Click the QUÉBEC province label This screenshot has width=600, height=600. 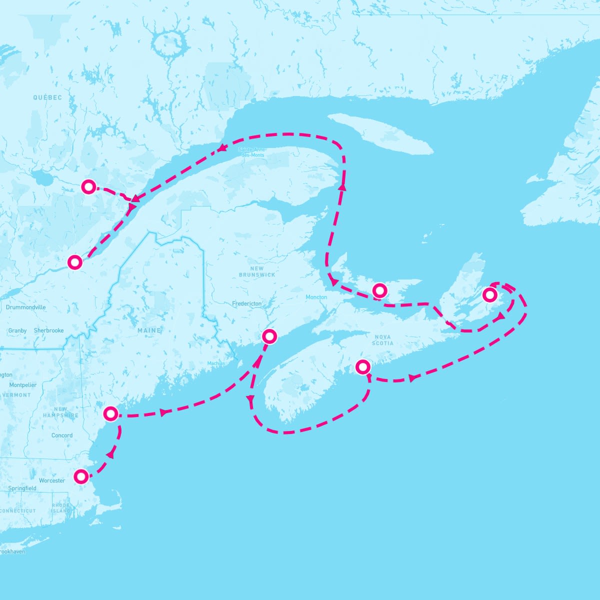point(48,97)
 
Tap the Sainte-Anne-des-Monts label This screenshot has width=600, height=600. point(252,152)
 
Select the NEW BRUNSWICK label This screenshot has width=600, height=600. point(257,271)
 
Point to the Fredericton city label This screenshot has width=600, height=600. point(246,303)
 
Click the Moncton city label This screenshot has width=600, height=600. point(316,297)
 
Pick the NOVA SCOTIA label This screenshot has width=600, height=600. point(382,340)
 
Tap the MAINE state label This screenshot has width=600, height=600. point(149,330)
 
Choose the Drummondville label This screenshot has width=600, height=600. point(26,307)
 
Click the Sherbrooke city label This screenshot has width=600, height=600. point(49,330)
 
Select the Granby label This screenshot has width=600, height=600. point(17,330)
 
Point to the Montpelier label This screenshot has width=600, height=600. point(23,385)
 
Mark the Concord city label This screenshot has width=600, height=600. point(62,435)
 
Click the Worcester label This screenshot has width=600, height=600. point(52,480)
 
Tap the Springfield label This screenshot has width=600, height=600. point(22,488)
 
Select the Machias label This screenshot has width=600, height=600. point(216,363)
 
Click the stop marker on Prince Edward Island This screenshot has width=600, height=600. point(380,290)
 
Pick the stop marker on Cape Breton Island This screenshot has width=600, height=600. point(489,295)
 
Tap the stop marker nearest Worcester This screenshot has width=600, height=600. point(81,476)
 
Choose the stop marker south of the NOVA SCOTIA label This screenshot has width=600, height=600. point(362,367)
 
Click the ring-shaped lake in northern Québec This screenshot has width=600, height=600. point(166,42)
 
